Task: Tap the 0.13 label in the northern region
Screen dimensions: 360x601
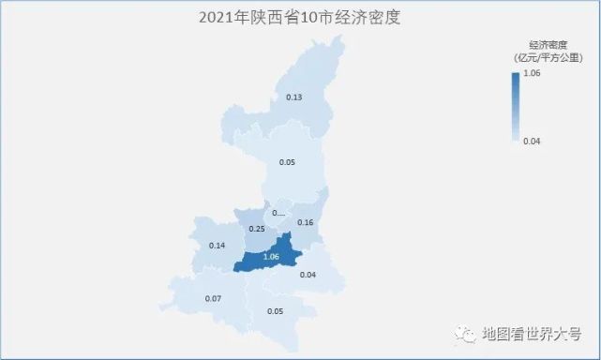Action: [293, 97]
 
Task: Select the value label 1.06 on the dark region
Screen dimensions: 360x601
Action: [272, 257]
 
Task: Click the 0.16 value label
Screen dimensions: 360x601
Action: [305, 222]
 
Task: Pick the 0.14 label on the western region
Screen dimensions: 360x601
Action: [218, 246]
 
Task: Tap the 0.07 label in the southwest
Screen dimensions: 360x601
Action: [213, 299]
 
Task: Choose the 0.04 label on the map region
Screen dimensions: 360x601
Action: [308, 275]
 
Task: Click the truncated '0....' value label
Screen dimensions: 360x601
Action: [278, 213]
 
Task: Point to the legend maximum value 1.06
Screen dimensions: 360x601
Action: [532, 73]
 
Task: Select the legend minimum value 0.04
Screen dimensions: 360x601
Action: [532, 142]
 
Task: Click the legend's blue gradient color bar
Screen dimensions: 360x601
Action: [515, 106]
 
